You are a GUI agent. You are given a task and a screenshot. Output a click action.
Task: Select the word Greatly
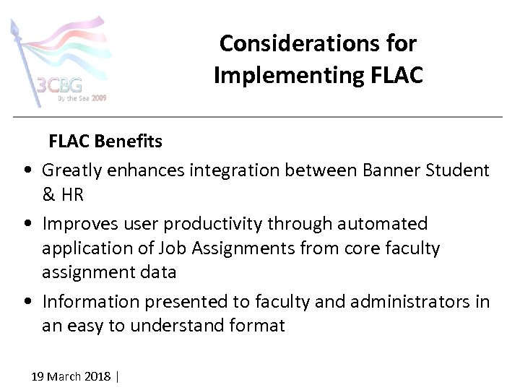[x=71, y=170]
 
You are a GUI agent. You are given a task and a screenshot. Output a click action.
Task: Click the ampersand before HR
[x=48, y=195]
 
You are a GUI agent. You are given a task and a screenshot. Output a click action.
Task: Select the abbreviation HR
[x=73, y=195]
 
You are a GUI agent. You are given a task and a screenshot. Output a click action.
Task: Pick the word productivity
[x=205, y=224]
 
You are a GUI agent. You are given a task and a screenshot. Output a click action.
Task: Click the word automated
[x=374, y=224]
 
